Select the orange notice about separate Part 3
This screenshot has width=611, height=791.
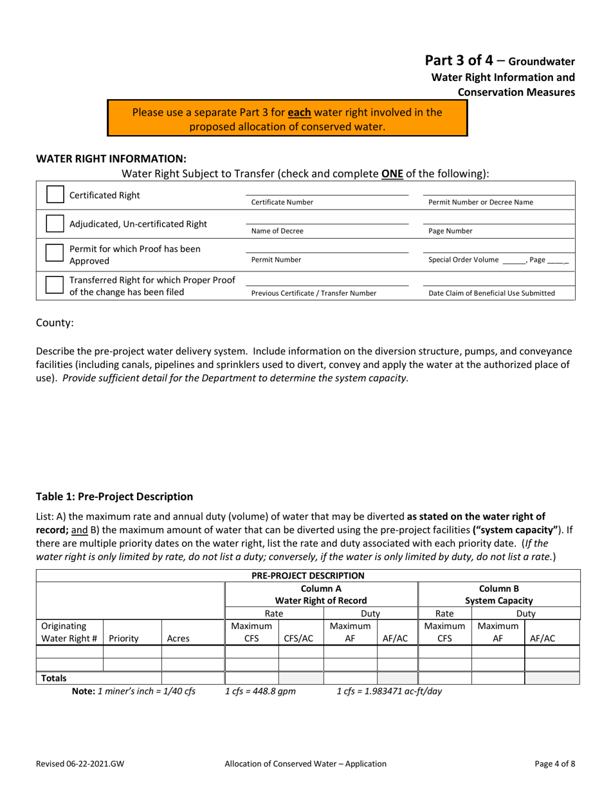tap(287, 119)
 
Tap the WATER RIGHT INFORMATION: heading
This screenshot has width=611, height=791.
tap(111, 158)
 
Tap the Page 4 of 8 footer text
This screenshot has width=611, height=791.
tap(550, 764)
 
